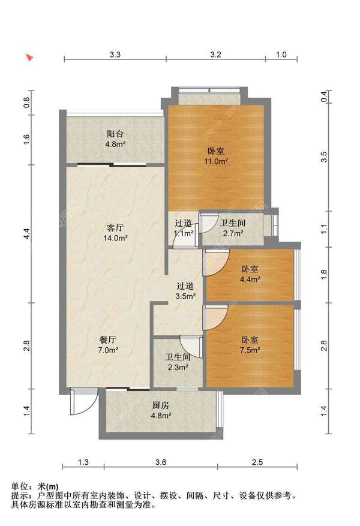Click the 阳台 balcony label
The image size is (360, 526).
(115, 134)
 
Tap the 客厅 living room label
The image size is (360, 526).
(115, 228)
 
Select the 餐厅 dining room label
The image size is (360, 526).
(107, 340)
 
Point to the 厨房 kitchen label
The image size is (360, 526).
(161, 405)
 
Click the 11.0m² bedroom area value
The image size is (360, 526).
(217, 161)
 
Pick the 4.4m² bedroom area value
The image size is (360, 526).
(250, 279)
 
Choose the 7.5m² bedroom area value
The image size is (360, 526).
(250, 350)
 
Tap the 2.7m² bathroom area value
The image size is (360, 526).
(233, 233)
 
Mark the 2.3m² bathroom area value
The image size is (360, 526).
(178, 367)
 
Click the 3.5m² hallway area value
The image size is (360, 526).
(185, 296)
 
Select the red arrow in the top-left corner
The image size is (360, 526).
(30, 58)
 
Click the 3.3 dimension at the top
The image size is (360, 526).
(115, 55)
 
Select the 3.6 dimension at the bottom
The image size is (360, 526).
(161, 462)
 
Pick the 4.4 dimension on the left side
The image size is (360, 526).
(27, 233)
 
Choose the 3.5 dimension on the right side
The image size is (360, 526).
(324, 157)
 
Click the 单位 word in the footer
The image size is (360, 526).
(19, 486)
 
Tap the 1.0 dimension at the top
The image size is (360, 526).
(281, 55)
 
